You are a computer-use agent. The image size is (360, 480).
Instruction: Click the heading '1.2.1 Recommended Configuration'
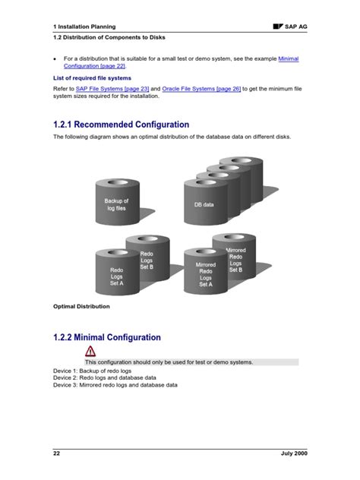click(x=121, y=125)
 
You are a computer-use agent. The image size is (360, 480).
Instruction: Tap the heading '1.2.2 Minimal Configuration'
click(x=106, y=337)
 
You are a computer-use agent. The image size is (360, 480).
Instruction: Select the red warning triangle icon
click(x=90, y=351)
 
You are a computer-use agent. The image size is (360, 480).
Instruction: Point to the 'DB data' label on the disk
click(x=204, y=204)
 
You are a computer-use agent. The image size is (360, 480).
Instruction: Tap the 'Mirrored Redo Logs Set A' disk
click(x=206, y=274)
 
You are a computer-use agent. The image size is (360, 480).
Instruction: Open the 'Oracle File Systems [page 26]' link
click(x=201, y=89)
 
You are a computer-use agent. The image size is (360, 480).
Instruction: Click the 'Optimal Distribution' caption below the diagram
click(x=81, y=307)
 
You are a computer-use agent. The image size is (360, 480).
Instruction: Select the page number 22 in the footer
click(x=56, y=453)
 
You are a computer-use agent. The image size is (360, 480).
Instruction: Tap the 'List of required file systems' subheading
click(x=92, y=77)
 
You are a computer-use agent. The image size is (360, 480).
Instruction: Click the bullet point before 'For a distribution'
click(x=55, y=58)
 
